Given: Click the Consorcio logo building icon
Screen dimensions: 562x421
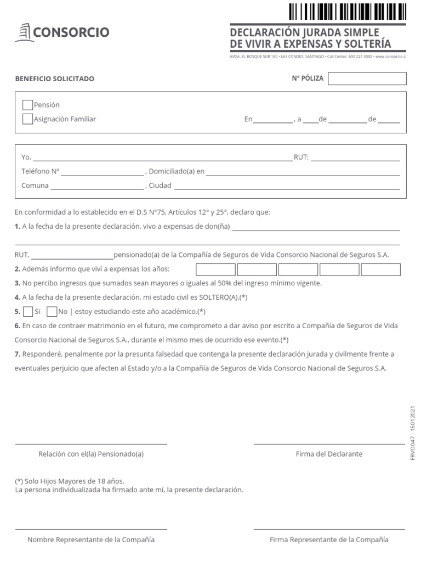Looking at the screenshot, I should [23, 33].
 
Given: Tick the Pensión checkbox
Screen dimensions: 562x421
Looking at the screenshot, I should [27, 105].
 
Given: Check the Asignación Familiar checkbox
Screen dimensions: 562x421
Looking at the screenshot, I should [27, 119].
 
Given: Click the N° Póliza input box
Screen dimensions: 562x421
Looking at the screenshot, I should [367, 78].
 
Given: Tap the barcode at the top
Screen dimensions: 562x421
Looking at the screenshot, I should [348, 12].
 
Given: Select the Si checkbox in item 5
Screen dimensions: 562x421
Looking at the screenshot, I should [28, 312].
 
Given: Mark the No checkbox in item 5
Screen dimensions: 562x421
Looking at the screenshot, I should [52, 312].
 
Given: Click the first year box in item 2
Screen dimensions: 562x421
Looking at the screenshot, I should [215, 269].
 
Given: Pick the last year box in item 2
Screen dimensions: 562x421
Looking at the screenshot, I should [380, 269].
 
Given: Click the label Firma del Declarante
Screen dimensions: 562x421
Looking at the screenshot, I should [329, 454].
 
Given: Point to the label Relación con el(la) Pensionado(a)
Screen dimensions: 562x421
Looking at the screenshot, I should [91, 454].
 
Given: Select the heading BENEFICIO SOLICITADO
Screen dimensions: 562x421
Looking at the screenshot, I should [55, 78].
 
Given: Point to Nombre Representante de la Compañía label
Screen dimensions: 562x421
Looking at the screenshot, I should [91, 539].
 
